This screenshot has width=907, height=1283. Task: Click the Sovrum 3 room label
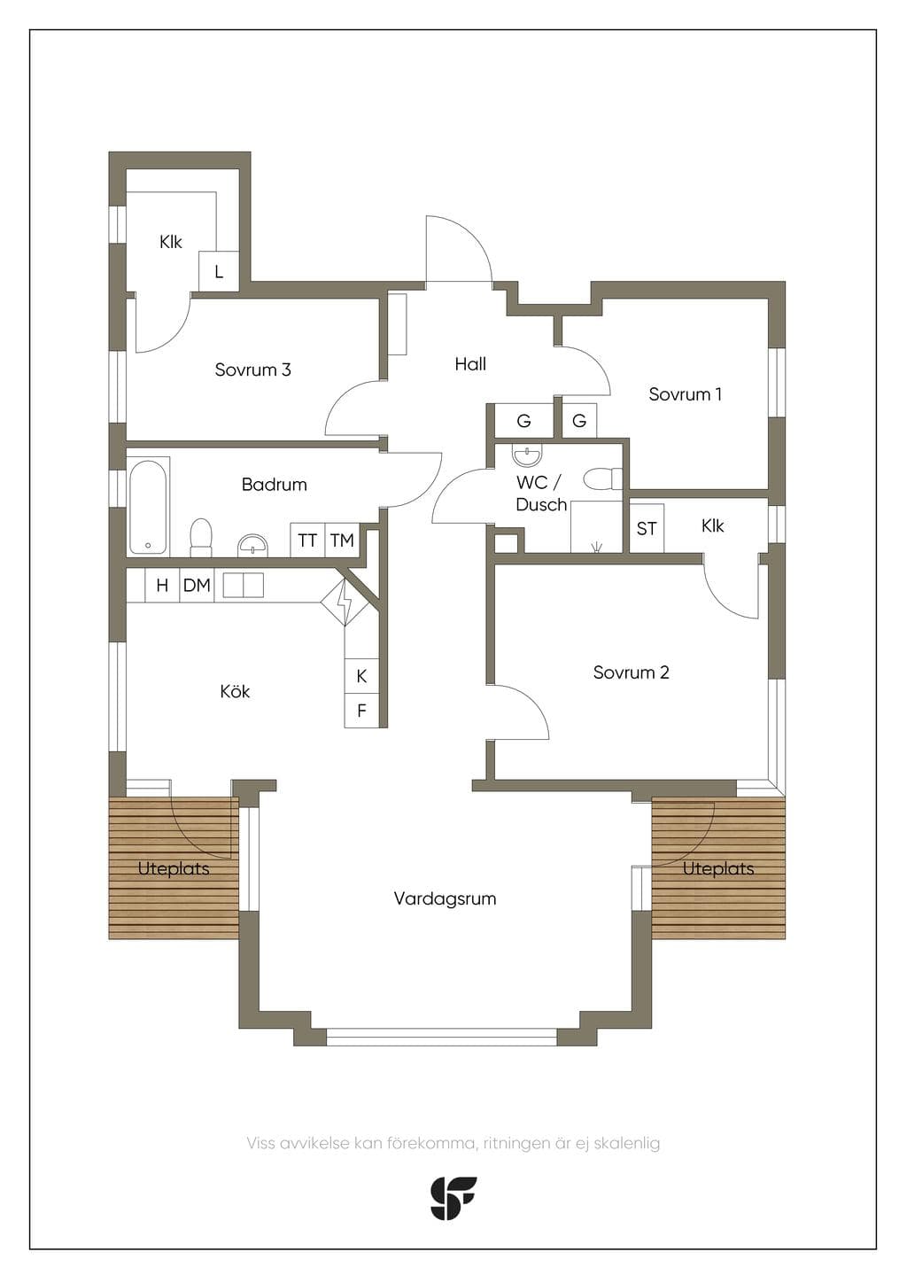[x=253, y=369]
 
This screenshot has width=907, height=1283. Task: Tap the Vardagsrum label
[x=445, y=898]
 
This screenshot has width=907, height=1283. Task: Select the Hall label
[x=470, y=363]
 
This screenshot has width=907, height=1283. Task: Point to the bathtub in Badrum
[x=148, y=506]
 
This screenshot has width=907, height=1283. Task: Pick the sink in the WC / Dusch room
[x=528, y=455]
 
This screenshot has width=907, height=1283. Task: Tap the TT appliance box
[x=307, y=540]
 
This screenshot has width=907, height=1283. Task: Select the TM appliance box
[x=343, y=540]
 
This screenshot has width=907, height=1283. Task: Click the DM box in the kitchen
[x=197, y=585]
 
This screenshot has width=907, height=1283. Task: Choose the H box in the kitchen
[x=162, y=585]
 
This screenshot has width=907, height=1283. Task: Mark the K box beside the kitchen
[x=361, y=676]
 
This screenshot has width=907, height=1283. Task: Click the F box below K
[x=361, y=711]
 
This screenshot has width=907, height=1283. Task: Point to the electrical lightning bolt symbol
[x=345, y=603]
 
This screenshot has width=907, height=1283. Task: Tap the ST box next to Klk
[x=647, y=528]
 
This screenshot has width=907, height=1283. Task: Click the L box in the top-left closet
[x=219, y=271]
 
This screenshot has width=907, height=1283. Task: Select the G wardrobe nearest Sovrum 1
[x=579, y=421]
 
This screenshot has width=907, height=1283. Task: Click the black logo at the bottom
[x=453, y=1198]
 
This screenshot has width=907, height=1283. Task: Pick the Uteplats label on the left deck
[x=174, y=869]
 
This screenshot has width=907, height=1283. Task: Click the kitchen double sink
[x=244, y=585]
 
